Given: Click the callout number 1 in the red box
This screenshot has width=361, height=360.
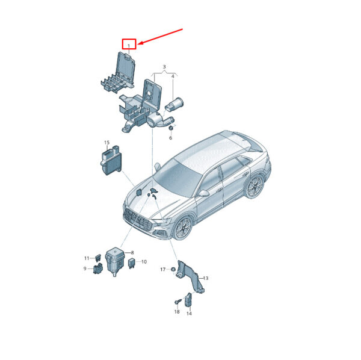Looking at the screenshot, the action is tap(129, 46).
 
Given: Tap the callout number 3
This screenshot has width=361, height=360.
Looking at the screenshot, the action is tap(164, 67).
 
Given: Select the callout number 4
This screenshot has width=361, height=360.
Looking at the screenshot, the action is tap(173, 76).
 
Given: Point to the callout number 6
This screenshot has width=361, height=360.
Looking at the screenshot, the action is tap(171, 138).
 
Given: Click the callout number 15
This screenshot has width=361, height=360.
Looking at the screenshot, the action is tap(106, 143).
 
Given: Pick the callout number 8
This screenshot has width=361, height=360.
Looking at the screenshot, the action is tap(132, 252).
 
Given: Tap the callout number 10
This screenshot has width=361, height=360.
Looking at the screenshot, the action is tap(144, 262).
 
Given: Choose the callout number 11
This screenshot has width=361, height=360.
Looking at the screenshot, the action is tap(87, 258).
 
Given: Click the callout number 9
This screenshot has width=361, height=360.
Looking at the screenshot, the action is tap(85, 268).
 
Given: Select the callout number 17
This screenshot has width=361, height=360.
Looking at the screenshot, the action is tap(163, 269).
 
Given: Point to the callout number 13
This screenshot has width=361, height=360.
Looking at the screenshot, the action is tap(206, 278).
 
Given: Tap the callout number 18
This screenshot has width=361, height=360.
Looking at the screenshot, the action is tap(177, 312).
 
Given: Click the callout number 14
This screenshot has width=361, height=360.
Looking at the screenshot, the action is tap(189, 314).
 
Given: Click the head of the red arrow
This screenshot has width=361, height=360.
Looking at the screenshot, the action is tap(138, 43).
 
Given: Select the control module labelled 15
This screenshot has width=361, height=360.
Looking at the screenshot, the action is tap(111, 160).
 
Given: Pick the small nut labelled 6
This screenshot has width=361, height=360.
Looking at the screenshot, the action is tap(171, 128).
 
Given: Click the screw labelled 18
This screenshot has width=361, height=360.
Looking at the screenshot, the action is tap(177, 301).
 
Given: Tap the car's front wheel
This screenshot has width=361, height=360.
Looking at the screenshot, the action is tap(183, 228).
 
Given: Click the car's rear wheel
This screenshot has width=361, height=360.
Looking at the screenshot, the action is tap(255, 187).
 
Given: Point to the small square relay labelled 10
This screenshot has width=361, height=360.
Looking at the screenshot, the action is tap(131, 262).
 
